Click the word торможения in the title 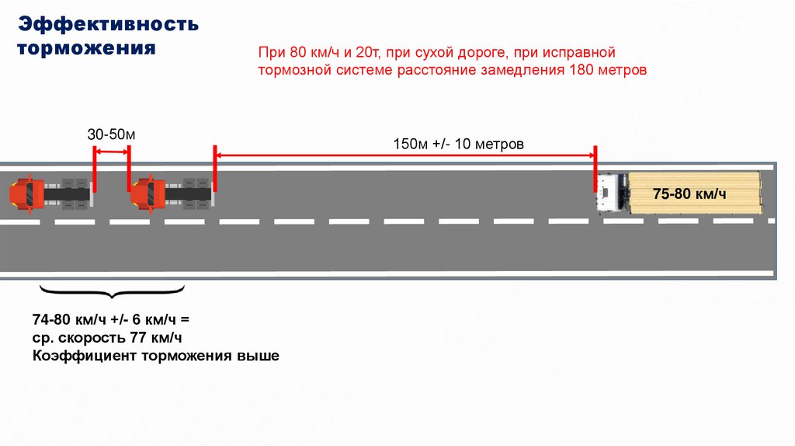pyautogui.click(x=87, y=49)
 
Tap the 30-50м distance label pyautogui.click(x=111, y=134)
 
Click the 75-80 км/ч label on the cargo pyautogui.click(x=689, y=193)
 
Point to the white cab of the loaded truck pyautogui.click(x=610, y=193)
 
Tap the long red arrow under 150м pyautogui.click(x=404, y=155)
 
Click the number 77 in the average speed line pyautogui.click(x=141, y=338)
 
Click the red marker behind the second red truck pyautogui.click(x=213, y=166)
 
